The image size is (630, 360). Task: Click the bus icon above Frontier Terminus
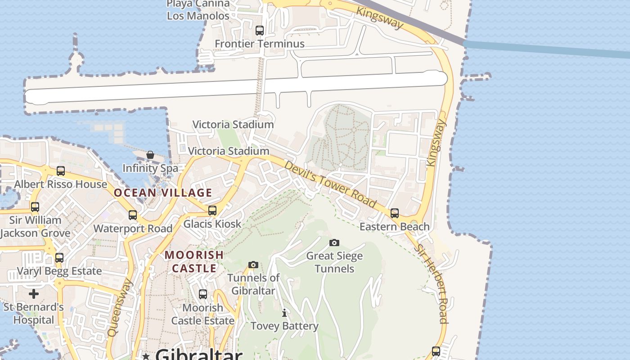pyautogui.click(x=260, y=31)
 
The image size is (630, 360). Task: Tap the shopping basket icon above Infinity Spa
pyautogui.click(x=150, y=155)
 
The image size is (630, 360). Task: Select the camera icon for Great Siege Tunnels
pyautogui.click(x=334, y=243)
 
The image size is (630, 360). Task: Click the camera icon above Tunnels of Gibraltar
pyautogui.click(x=253, y=265)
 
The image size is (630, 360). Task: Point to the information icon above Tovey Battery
pyautogui.click(x=284, y=313)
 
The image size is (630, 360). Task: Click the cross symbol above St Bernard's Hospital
pyautogui.click(x=34, y=294)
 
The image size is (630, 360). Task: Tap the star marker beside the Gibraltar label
pyautogui.click(x=146, y=356)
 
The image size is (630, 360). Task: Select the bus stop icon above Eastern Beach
pyautogui.click(x=395, y=213)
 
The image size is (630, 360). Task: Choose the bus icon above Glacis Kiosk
pyautogui.click(x=212, y=210)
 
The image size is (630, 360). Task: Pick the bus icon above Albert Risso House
pyautogui.click(x=61, y=171)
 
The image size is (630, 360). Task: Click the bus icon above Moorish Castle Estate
pyautogui.click(x=203, y=294)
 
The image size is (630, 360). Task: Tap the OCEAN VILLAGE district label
pyautogui.click(x=163, y=193)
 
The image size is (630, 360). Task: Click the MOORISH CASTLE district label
pyautogui.click(x=194, y=262)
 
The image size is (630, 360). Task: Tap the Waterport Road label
pyautogui.click(x=133, y=228)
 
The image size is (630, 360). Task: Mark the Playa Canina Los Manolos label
pyautogui.click(x=198, y=10)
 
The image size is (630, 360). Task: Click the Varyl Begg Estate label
pyautogui.click(x=59, y=271)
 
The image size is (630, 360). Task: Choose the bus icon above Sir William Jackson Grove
pyautogui.click(x=35, y=207)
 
